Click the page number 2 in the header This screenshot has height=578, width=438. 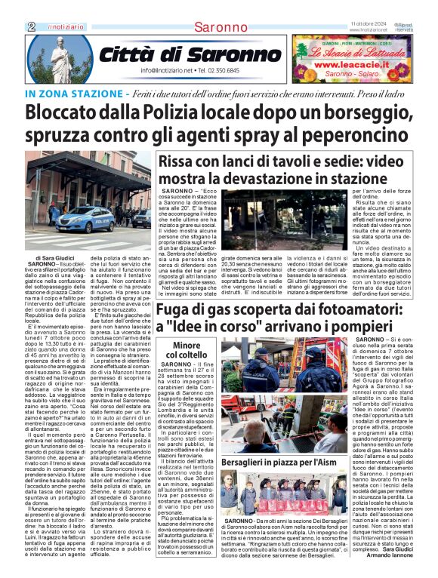pos(31,26)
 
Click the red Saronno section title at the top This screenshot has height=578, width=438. pos(218,27)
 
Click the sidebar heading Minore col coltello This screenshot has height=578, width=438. pos(181,349)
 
